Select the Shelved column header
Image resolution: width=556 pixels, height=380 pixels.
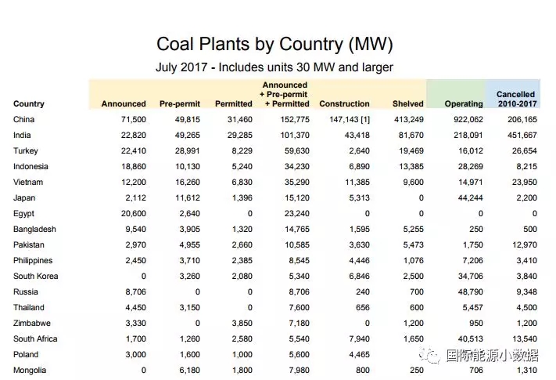pyautogui.click(x=408, y=103)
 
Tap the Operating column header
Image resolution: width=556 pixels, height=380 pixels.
pyautogui.click(x=464, y=103)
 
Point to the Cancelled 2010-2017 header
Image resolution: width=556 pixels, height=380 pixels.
pyautogui.click(x=515, y=99)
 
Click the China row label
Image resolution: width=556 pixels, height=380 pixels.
pyautogui.click(x=24, y=119)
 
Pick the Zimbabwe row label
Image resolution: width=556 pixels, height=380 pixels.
pyautogui.click(x=33, y=323)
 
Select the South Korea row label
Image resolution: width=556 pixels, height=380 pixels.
pyautogui.click(x=36, y=276)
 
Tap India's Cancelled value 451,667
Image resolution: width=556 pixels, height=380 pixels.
pyautogui.click(x=520, y=135)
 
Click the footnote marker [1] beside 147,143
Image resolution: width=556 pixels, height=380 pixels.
pyautogui.click(x=364, y=119)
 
